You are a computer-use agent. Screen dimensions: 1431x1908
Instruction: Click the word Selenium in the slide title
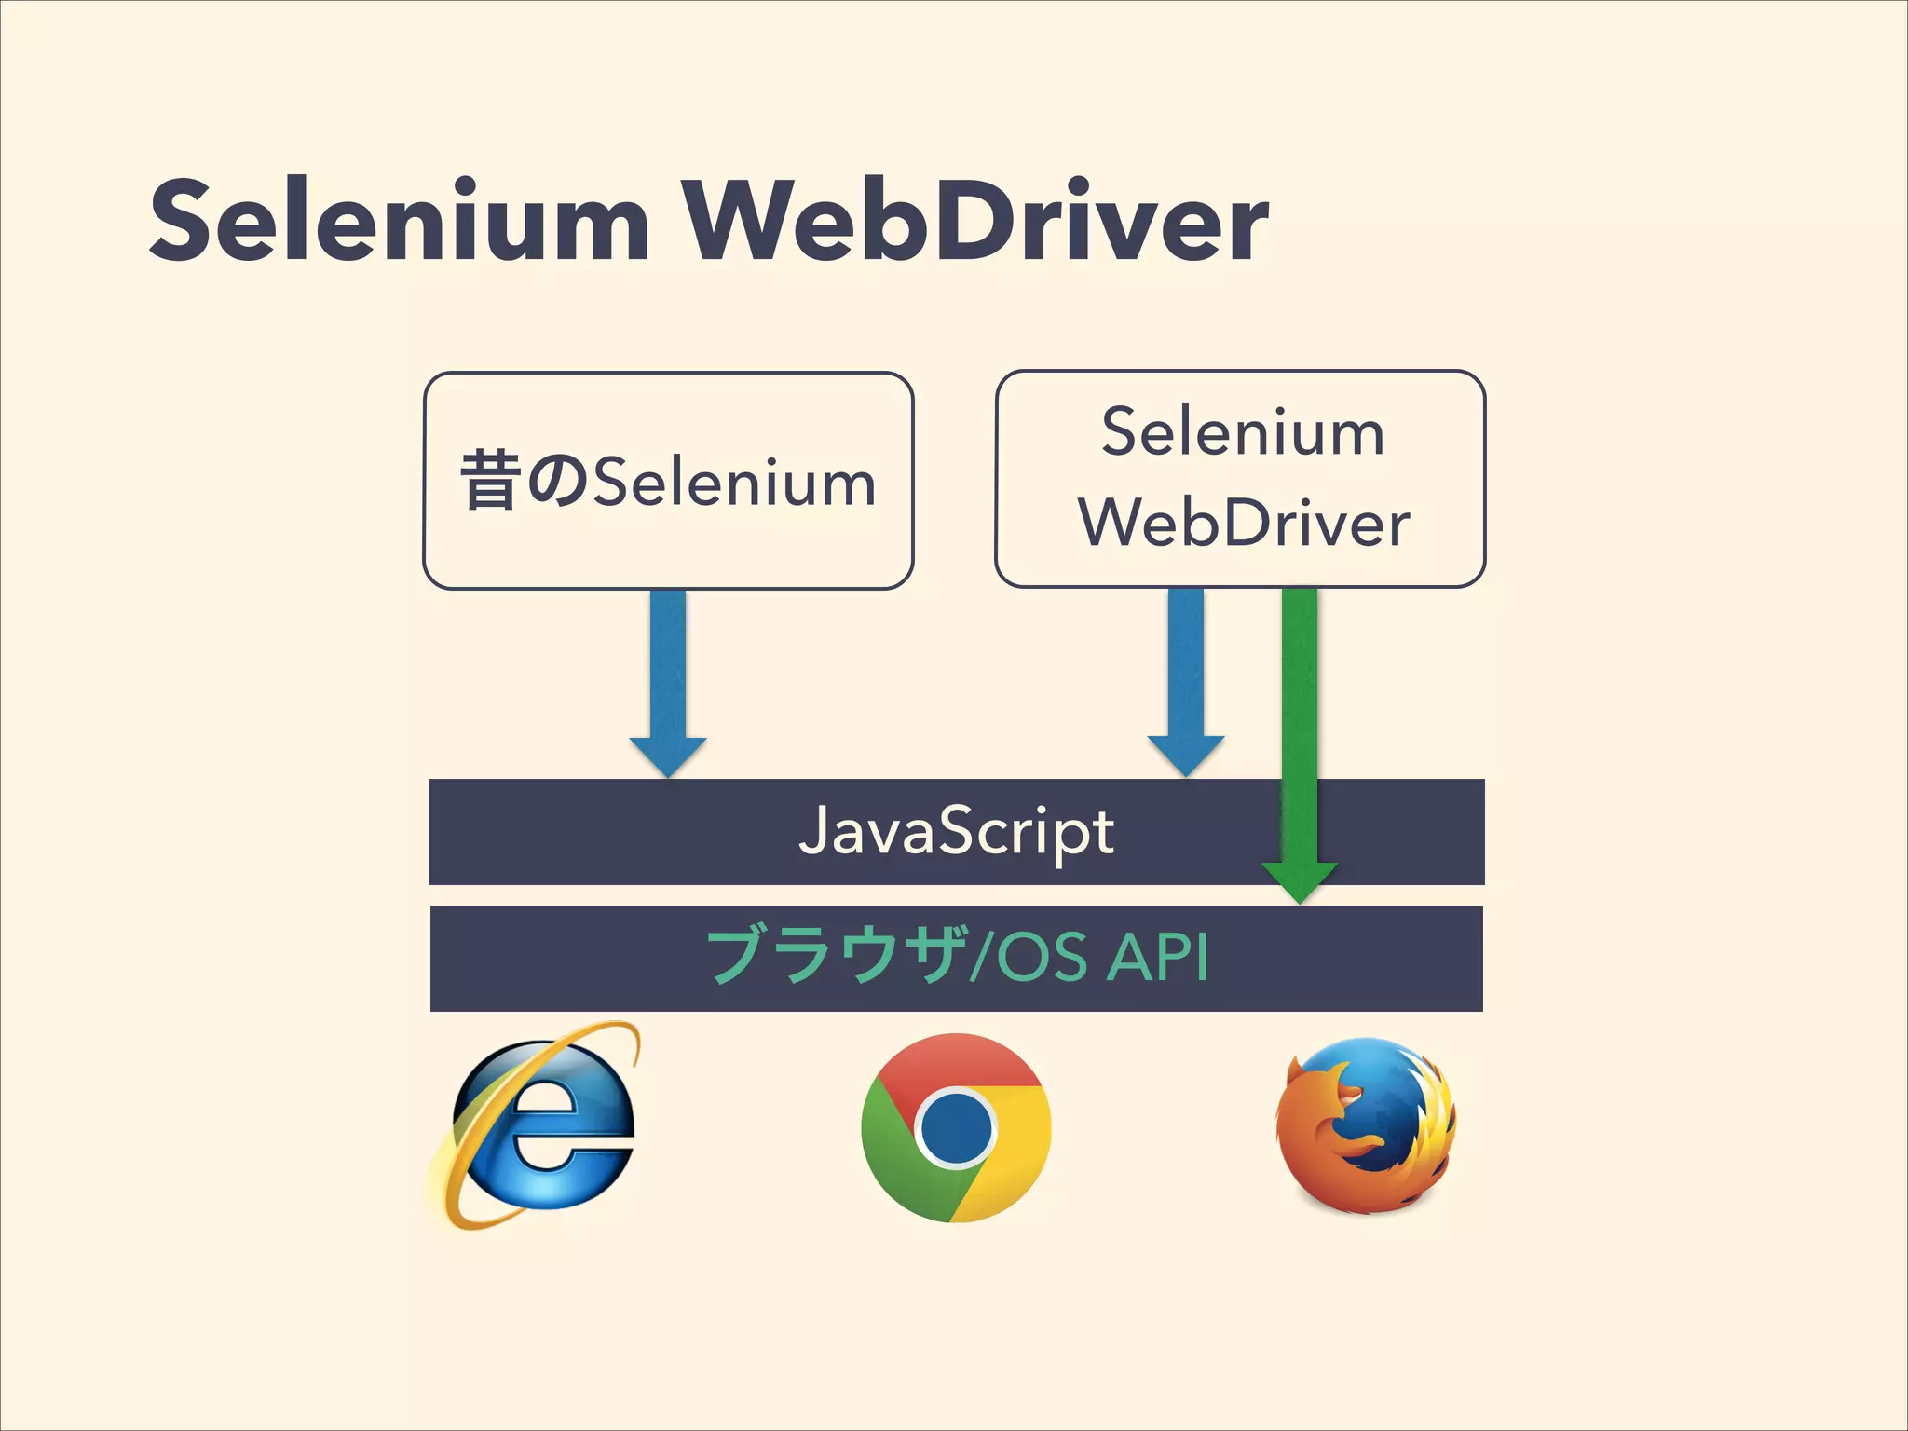click(399, 222)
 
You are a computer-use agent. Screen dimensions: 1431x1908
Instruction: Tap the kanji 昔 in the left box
click(490, 481)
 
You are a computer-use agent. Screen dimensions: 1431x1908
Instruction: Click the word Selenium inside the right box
click(1242, 433)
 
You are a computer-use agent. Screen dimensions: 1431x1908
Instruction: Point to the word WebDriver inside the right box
click(1244, 523)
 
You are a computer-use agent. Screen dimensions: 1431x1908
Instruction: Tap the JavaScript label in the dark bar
click(956, 831)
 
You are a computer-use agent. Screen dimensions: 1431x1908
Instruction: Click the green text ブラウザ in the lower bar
click(834, 957)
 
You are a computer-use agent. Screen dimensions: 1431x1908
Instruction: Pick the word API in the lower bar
click(1159, 957)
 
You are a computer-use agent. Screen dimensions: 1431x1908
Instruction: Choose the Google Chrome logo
click(956, 1127)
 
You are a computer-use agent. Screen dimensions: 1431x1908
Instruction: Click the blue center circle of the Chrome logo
click(956, 1127)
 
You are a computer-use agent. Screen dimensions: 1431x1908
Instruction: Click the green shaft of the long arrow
click(1299, 708)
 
